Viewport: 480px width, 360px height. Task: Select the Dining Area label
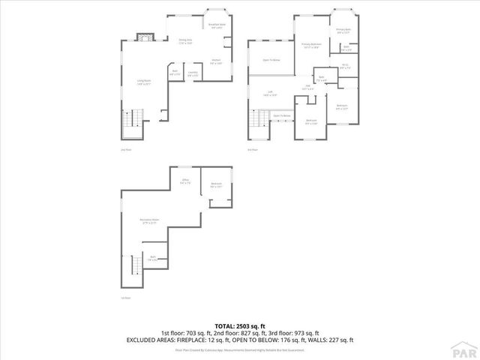[185, 41]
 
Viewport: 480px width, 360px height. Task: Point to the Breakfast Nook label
[217, 26]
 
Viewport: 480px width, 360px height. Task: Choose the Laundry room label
[193, 73]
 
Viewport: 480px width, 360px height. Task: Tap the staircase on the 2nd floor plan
[132, 120]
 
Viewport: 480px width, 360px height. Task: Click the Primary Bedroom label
[311, 46]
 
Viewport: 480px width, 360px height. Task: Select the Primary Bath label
[343, 31]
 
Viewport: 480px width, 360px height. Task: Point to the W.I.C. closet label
[345, 65]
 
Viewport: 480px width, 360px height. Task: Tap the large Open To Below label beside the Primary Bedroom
[271, 59]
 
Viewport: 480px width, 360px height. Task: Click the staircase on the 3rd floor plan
[260, 118]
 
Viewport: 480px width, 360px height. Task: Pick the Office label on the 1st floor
[185, 181]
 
